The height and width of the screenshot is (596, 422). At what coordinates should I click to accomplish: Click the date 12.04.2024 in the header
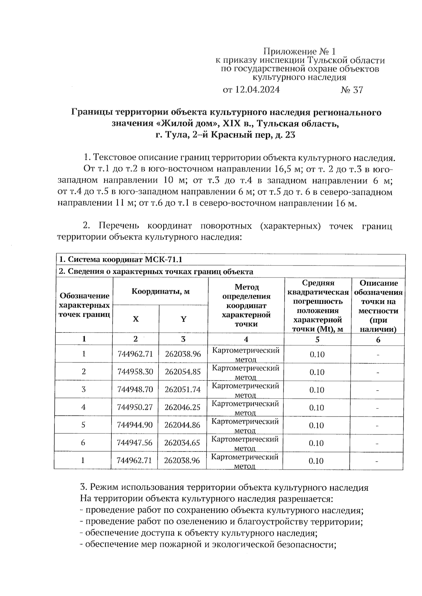click(x=257, y=90)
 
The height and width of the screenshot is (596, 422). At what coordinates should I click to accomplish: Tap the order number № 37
click(x=351, y=90)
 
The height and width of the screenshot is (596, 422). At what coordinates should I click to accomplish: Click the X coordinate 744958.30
click(x=135, y=372)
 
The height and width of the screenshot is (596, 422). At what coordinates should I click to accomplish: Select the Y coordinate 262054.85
click(x=183, y=372)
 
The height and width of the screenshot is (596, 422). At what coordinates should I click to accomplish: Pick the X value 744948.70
click(x=135, y=389)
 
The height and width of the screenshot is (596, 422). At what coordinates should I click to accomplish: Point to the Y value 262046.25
click(x=183, y=407)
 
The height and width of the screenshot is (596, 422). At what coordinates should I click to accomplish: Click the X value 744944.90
click(x=135, y=425)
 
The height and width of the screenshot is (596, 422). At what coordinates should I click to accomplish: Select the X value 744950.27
click(x=135, y=407)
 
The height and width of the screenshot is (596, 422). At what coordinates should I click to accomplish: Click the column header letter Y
click(x=183, y=319)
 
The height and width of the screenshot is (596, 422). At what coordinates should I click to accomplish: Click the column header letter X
click(x=135, y=319)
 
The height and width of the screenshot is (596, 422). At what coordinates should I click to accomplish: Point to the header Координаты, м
click(x=160, y=291)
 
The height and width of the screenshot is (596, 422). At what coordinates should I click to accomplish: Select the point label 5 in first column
click(x=83, y=425)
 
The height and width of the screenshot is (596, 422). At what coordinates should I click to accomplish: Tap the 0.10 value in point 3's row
click(x=316, y=390)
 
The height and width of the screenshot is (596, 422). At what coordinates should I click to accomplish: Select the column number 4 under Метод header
click(x=246, y=339)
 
